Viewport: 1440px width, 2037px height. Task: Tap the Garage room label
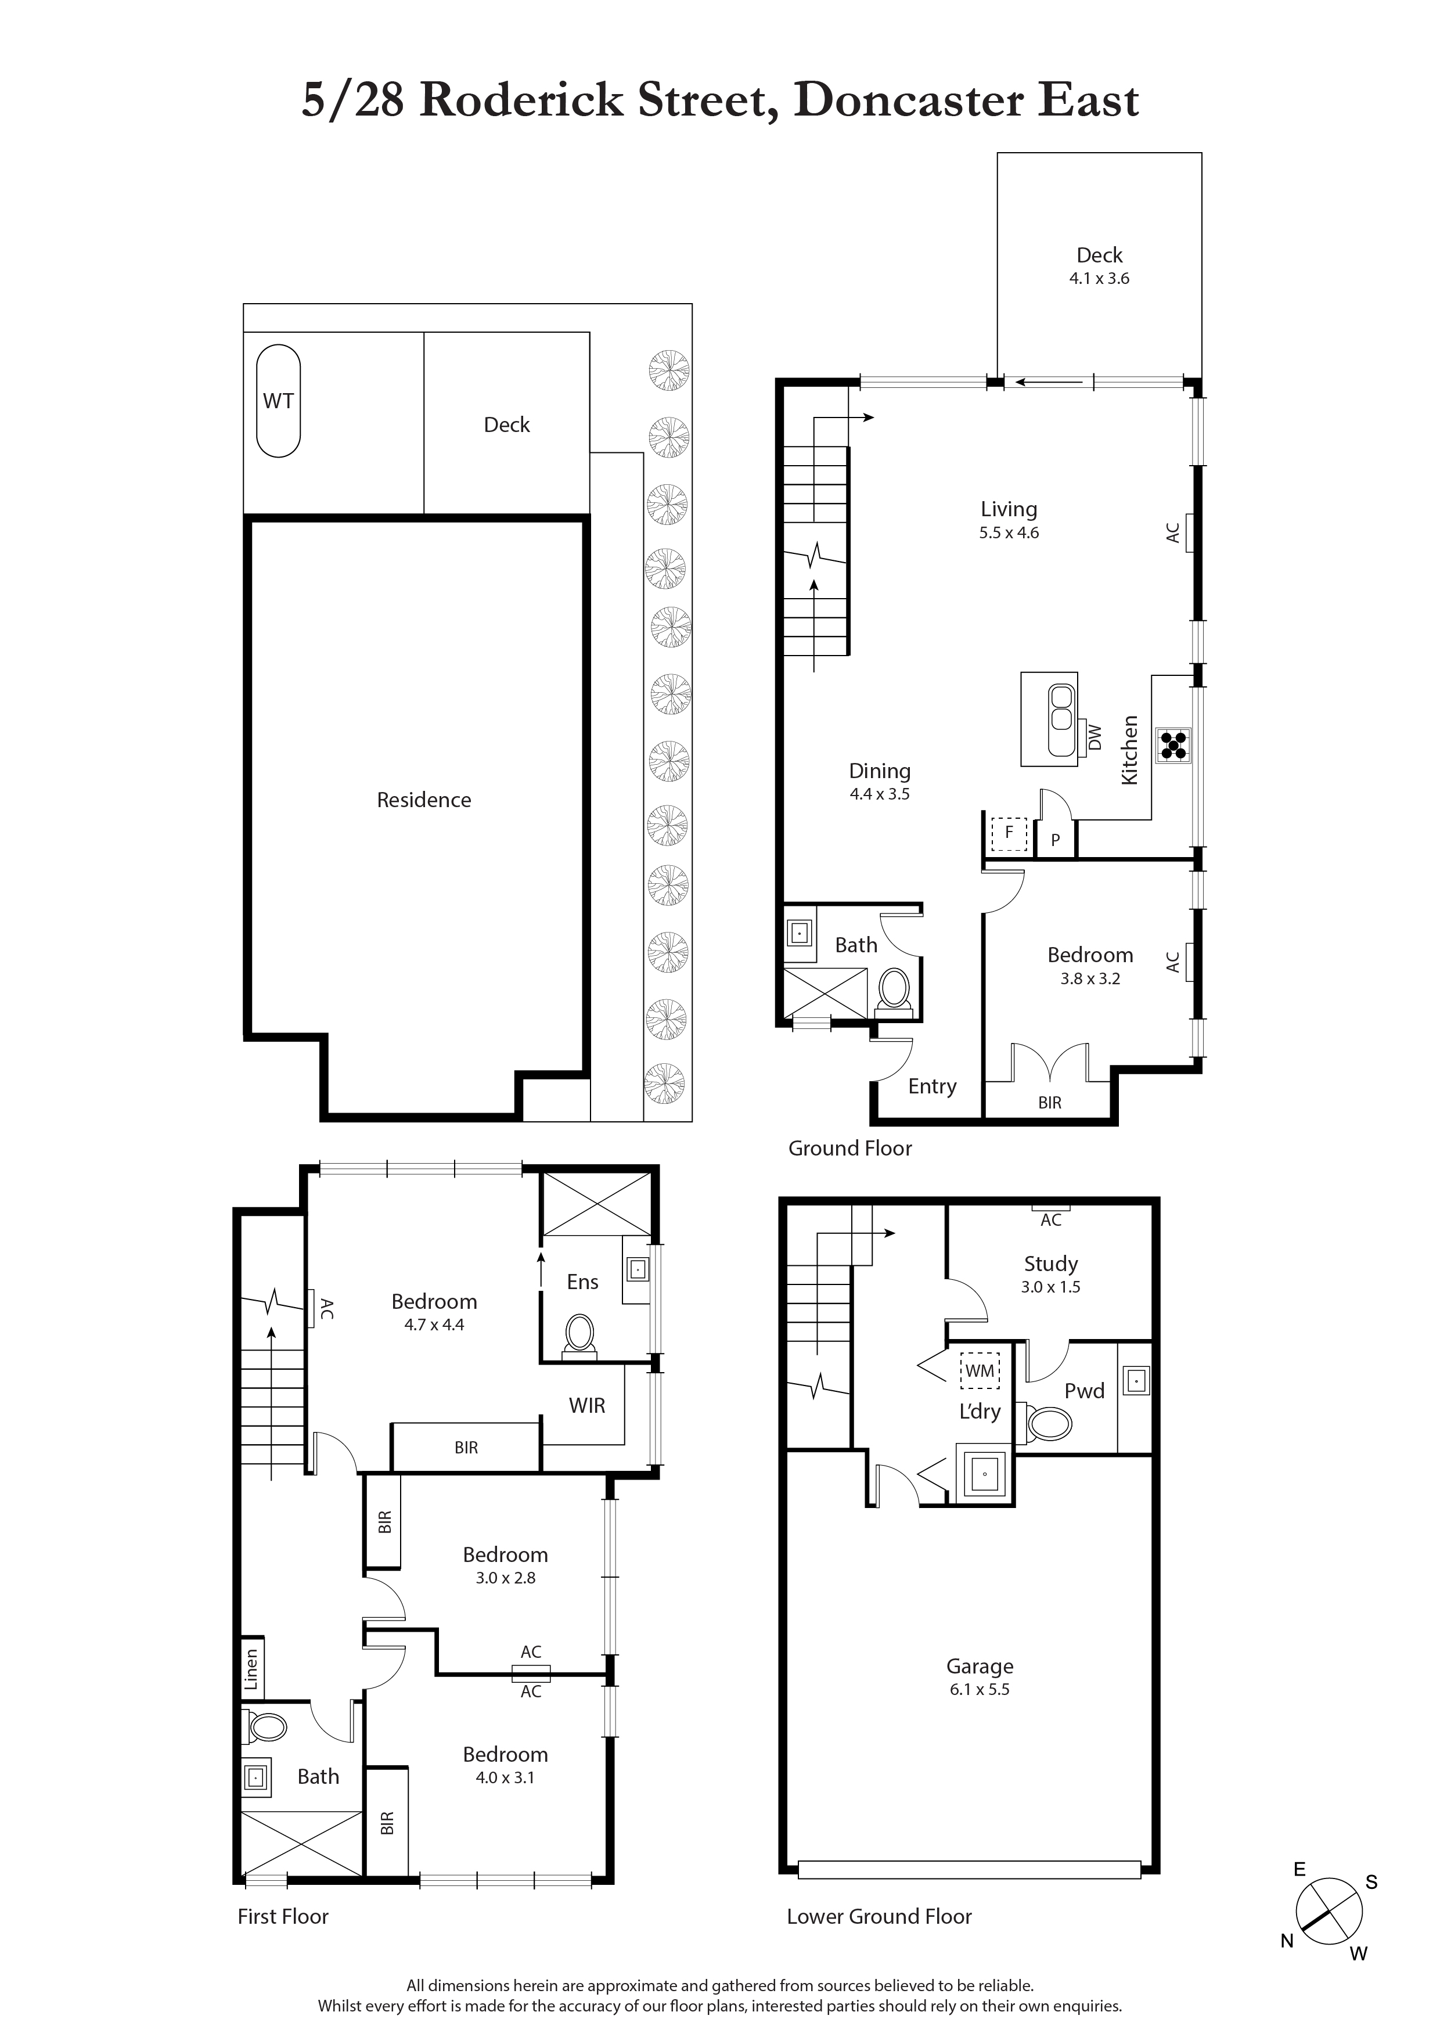coord(980,1666)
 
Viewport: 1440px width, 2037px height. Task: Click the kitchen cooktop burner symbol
coord(1173,745)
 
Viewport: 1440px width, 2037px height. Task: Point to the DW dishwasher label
coord(1095,737)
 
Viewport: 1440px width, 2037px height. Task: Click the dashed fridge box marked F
coord(1009,834)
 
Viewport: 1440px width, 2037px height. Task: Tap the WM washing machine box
coord(980,1371)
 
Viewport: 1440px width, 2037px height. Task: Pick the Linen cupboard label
coord(251,1669)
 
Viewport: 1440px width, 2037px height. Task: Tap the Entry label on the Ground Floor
coord(931,1087)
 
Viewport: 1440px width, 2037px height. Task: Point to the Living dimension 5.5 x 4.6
coord(1009,533)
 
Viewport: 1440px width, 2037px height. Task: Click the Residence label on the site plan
coord(423,800)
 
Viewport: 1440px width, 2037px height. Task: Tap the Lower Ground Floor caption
coord(879,1916)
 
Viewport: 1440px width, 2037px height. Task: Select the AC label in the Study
coord(1050,1220)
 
